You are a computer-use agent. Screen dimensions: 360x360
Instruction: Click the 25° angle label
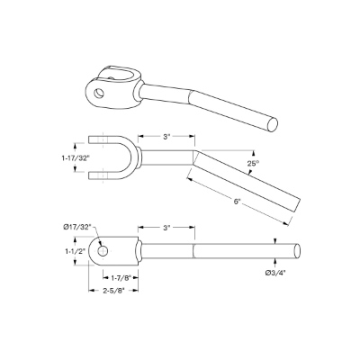[x=253, y=164]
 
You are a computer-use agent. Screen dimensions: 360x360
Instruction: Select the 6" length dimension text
[x=237, y=202]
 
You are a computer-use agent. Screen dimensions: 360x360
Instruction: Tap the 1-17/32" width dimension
[x=74, y=158]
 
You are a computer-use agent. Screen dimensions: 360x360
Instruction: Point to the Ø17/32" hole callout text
[x=77, y=227]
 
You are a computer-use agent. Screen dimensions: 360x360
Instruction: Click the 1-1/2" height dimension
[x=76, y=251]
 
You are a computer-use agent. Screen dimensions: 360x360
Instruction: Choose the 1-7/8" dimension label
[x=120, y=278]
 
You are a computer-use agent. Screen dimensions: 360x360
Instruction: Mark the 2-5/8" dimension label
[x=113, y=290]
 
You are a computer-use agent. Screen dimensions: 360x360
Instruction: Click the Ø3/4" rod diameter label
[x=274, y=273]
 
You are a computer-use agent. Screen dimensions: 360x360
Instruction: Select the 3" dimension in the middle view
[x=166, y=137]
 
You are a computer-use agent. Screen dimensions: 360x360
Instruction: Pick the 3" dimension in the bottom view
[x=166, y=228]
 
